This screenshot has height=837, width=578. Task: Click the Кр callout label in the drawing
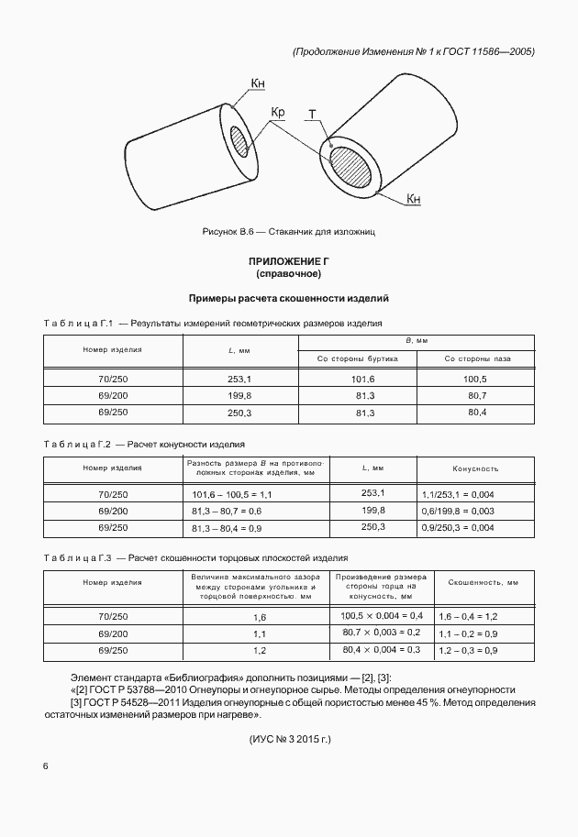pyautogui.click(x=279, y=113)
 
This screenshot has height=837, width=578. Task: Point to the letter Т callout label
pyautogui.click(x=313, y=116)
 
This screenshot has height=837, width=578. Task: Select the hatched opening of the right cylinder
pyautogui.click(x=354, y=168)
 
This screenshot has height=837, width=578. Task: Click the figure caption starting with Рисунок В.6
pyautogui.click(x=289, y=232)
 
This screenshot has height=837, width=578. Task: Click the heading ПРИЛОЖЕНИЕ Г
pyautogui.click(x=288, y=262)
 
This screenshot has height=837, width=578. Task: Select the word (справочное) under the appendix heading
pyautogui.click(x=288, y=274)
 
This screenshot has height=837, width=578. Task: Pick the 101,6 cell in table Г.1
pyautogui.click(x=358, y=379)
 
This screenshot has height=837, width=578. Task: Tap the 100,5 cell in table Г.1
pyautogui.click(x=475, y=379)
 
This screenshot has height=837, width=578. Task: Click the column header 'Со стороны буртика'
pyautogui.click(x=358, y=358)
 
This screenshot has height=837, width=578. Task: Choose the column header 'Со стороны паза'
pyautogui.click(x=475, y=358)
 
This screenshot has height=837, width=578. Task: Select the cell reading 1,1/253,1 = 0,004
pyautogui.click(x=459, y=494)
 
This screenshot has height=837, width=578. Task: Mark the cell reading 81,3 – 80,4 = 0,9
pyautogui.click(x=227, y=529)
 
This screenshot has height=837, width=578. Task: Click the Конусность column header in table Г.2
pyautogui.click(x=474, y=468)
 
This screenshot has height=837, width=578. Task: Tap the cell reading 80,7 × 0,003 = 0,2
pyautogui.click(x=381, y=633)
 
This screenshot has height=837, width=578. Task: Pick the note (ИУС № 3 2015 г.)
pyautogui.click(x=289, y=738)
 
